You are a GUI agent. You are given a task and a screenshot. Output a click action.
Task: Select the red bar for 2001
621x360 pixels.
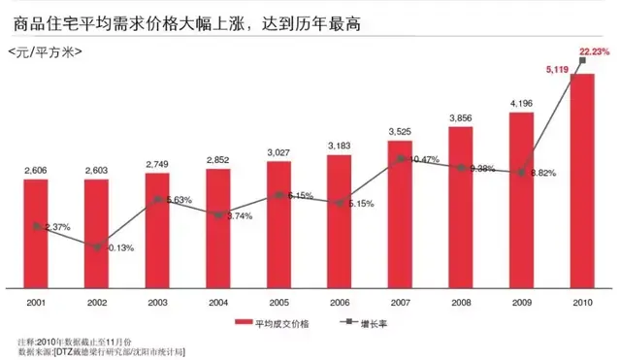pyautogui.click(x=36, y=233)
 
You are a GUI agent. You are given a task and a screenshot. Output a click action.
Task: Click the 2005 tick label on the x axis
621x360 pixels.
pyautogui.click(x=278, y=303)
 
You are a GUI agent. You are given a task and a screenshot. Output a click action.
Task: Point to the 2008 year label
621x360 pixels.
pyautogui.click(x=461, y=303)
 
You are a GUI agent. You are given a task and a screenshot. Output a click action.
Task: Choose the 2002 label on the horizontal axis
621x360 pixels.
pyautogui.click(x=96, y=303)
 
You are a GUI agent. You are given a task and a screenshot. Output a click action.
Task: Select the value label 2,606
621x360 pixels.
pyautogui.click(x=37, y=171)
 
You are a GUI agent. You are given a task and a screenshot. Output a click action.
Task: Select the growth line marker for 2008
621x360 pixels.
pyautogui.click(x=461, y=167)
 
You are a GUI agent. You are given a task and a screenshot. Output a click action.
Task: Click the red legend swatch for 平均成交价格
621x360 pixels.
pyautogui.click(x=243, y=321)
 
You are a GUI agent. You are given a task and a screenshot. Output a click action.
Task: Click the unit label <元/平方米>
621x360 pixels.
pyautogui.click(x=45, y=50)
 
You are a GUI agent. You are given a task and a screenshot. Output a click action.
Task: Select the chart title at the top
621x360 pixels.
pyautogui.click(x=183, y=20)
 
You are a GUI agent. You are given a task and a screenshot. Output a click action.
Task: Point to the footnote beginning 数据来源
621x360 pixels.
pyautogui.click(x=101, y=349)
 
